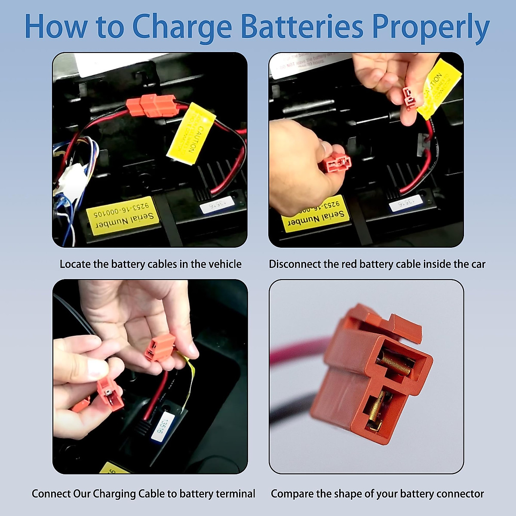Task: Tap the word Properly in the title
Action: coord(430,27)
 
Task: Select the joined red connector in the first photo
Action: coord(153,105)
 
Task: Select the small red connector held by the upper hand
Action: coord(409,97)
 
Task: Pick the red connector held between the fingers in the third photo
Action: coord(160,347)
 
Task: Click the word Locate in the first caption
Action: coord(75,264)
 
